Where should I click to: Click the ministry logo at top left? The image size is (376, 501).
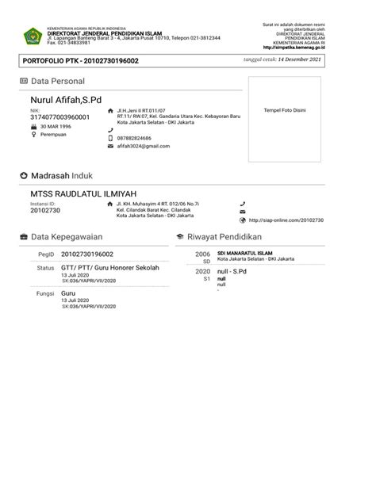[33, 36]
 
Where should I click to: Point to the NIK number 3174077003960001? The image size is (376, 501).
[59, 117]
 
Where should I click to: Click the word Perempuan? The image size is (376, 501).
[53, 135]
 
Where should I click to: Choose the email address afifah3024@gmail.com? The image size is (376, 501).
[144, 147]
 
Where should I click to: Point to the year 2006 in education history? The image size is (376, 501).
[202, 254]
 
